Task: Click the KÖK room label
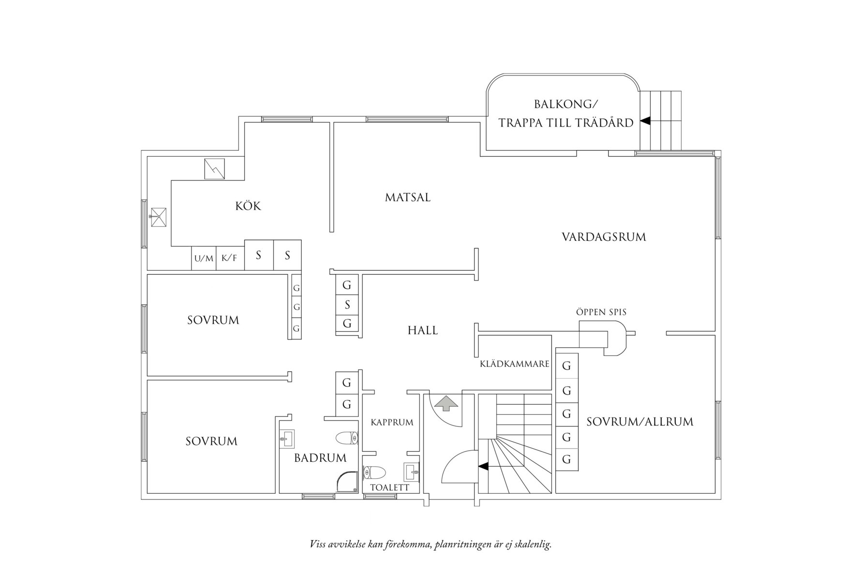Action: (x=248, y=206)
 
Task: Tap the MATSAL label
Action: (x=408, y=198)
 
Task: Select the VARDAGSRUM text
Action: (x=604, y=237)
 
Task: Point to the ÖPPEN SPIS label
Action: (x=601, y=312)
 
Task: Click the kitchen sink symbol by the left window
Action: (x=158, y=217)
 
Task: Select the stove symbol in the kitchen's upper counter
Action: (x=214, y=169)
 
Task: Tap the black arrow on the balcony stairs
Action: (x=645, y=121)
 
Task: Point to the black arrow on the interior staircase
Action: (x=483, y=466)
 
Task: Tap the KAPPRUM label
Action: (x=392, y=423)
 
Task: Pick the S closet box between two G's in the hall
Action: (x=347, y=305)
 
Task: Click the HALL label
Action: (x=422, y=331)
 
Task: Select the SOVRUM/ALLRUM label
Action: (x=639, y=422)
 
